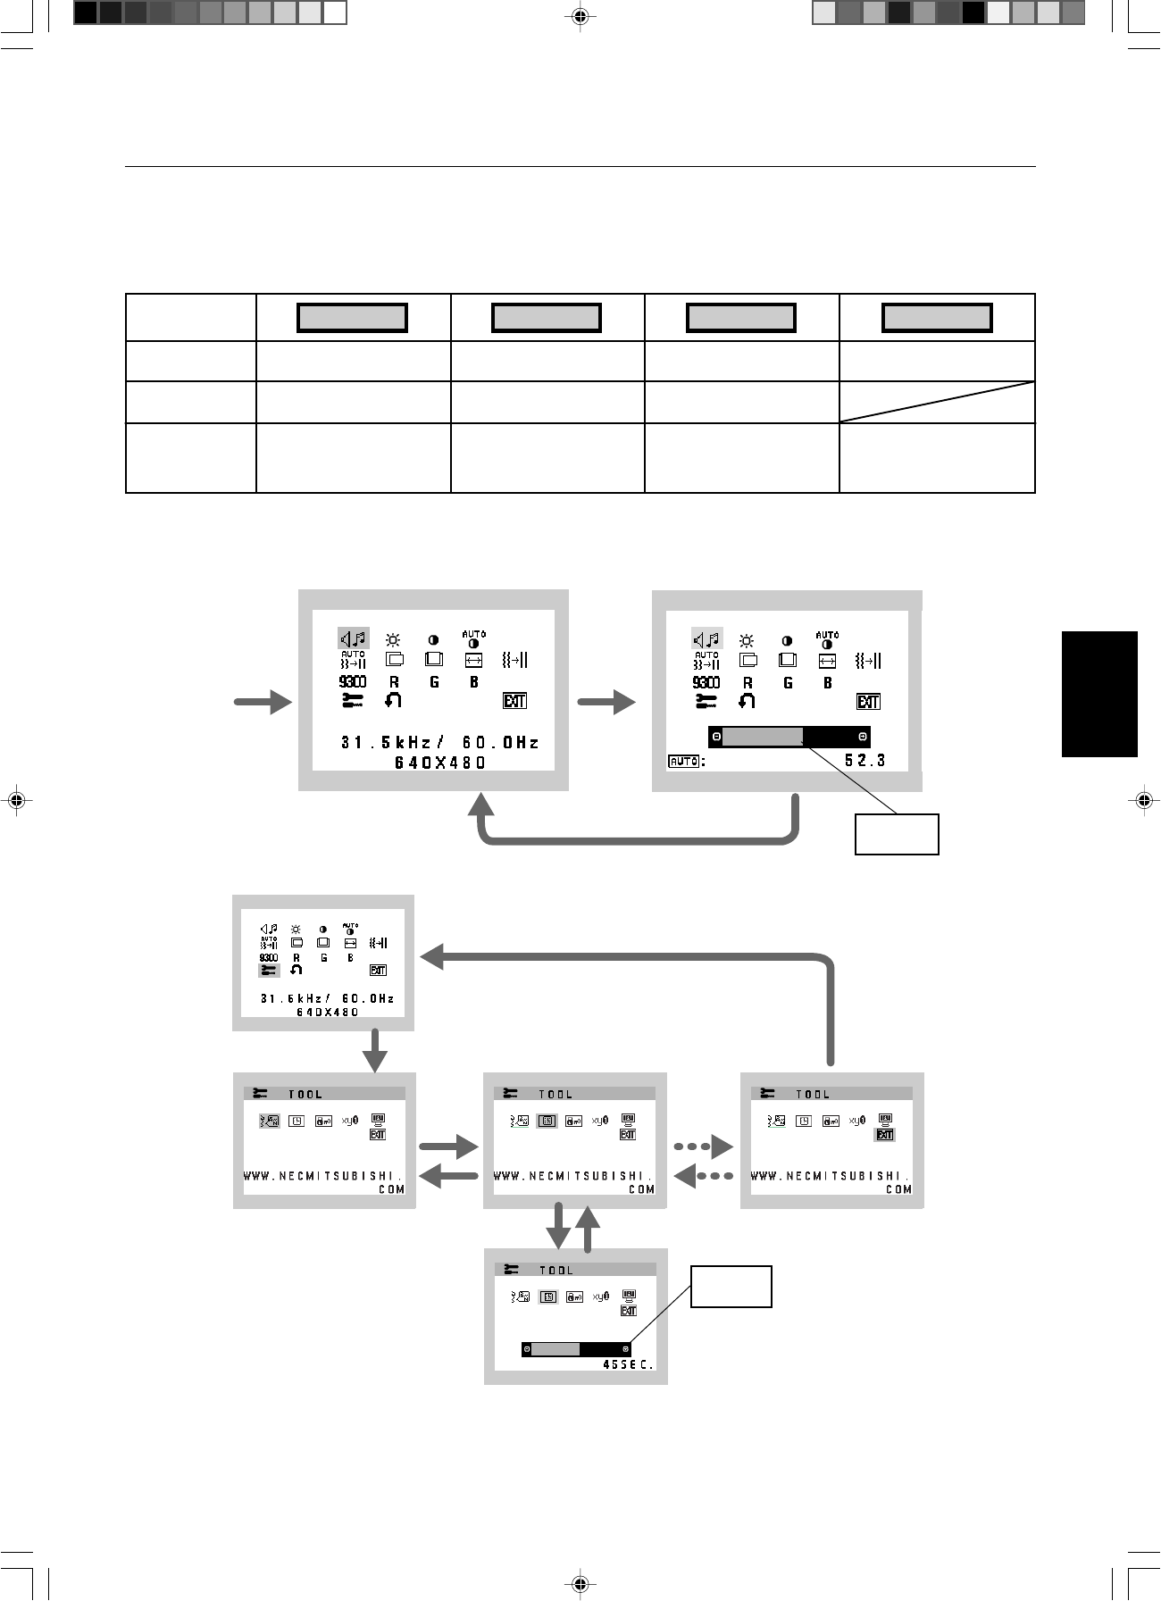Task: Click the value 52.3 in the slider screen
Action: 864,761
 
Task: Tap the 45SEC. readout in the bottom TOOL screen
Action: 629,1365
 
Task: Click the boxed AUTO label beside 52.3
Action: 683,762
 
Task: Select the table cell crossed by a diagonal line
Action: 937,402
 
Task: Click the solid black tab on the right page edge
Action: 1099,694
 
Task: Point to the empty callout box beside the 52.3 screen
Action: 897,834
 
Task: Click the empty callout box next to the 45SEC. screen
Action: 731,1287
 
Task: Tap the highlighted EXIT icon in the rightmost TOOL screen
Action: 885,1135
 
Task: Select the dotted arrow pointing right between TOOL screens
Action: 703,1147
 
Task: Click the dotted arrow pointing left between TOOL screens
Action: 703,1177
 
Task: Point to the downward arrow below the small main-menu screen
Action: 375,1051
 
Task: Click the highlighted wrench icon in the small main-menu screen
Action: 269,971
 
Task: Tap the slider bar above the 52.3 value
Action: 789,737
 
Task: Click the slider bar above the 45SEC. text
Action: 576,1349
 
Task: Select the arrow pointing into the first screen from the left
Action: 263,702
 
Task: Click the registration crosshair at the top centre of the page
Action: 580,16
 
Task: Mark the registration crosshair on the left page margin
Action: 15,800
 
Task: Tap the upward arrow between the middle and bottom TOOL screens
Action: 588,1228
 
